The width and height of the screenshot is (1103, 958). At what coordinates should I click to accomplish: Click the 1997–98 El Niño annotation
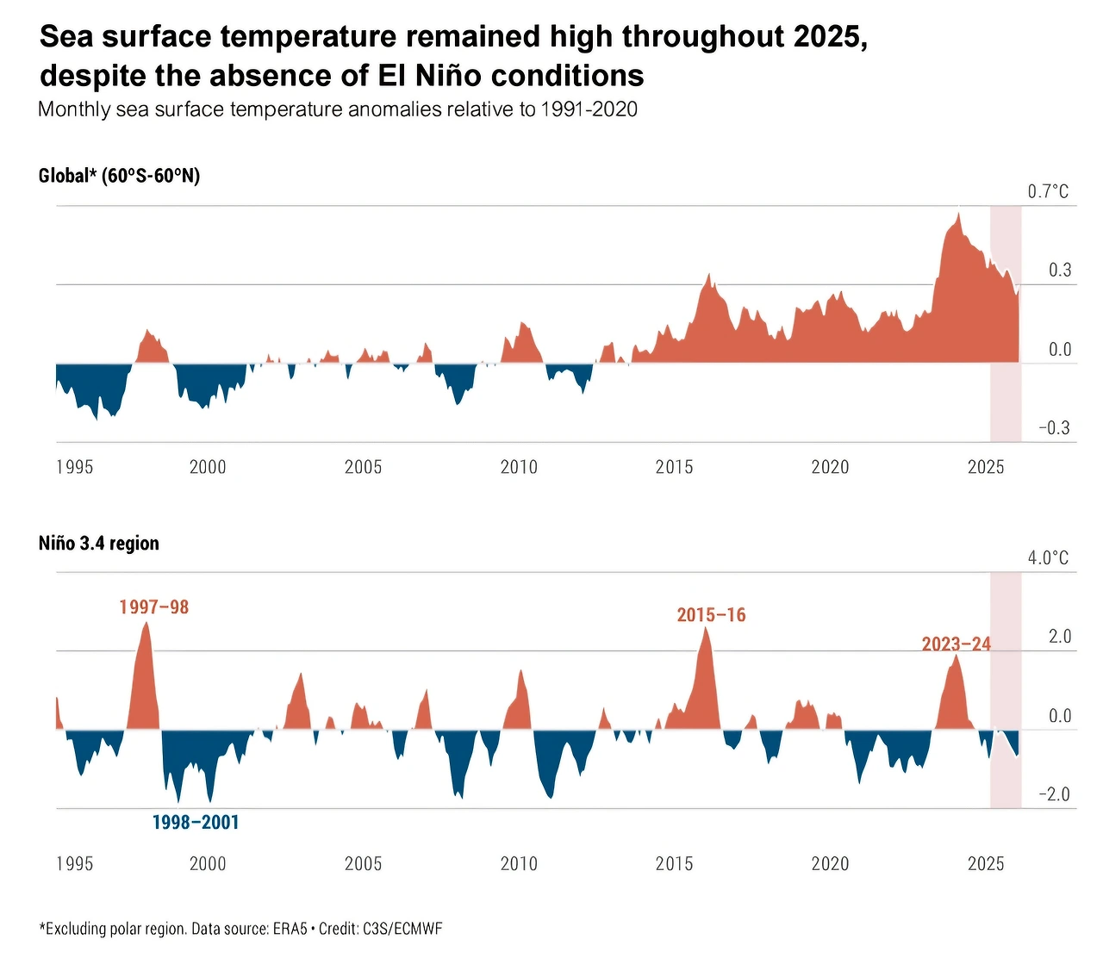click(153, 607)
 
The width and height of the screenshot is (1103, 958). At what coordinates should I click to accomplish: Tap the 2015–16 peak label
click(711, 615)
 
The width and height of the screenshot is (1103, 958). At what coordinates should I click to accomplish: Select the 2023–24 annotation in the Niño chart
click(956, 644)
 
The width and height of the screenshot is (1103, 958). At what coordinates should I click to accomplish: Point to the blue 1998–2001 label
click(196, 823)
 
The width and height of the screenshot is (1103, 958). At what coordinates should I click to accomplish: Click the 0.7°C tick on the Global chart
click(1048, 191)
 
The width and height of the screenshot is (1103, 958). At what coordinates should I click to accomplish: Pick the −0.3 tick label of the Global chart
click(1053, 428)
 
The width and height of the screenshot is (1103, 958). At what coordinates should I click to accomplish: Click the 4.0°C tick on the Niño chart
click(1048, 558)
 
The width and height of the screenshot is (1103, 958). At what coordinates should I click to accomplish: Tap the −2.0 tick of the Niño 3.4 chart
click(1053, 794)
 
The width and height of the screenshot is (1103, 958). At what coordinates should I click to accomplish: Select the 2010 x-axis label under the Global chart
click(519, 467)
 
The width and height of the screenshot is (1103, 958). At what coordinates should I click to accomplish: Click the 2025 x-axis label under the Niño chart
click(986, 864)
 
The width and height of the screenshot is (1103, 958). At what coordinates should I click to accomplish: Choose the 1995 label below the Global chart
click(75, 467)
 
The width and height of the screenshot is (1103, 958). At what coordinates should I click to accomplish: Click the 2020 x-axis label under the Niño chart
click(830, 864)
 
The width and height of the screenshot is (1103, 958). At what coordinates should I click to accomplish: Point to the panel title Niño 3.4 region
click(99, 544)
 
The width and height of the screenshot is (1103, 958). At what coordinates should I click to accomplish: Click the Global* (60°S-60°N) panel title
click(119, 176)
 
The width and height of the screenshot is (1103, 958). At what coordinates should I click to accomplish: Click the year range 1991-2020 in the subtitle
click(589, 109)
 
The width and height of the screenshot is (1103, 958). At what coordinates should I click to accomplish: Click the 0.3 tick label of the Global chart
click(1060, 271)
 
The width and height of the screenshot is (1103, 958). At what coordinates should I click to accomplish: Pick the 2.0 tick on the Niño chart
click(1060, 637)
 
